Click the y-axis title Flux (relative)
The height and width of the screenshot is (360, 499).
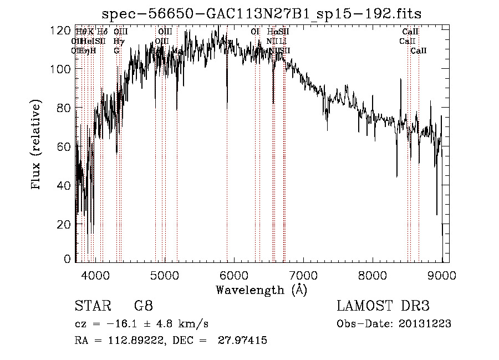(37, 146)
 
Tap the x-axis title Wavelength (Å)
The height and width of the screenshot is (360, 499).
(261, 290)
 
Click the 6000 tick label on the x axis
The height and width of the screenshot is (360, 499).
(233, 275)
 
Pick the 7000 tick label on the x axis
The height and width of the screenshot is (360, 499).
(303, 275)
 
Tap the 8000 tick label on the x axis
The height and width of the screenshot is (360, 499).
(373, 275)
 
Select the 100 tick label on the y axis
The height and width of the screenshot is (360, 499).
(60, 69)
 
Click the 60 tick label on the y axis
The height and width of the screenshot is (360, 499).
(64, 146)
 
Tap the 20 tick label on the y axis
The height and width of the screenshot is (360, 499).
(64, 224)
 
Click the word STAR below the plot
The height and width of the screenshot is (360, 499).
(91, 306)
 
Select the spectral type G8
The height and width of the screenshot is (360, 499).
(144, 306)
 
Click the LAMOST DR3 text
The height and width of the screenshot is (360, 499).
(383, 306)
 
